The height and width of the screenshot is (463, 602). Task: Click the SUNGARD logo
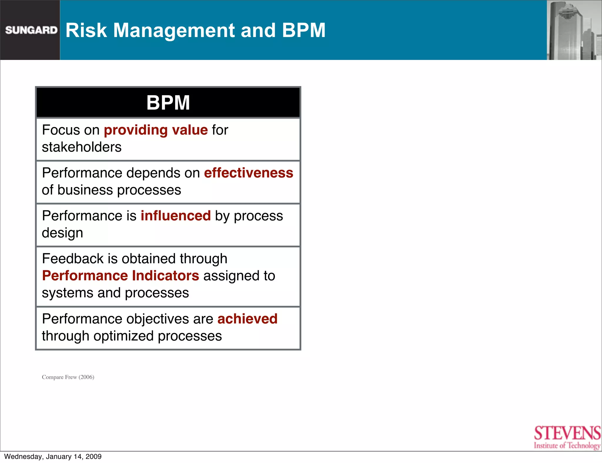(31, 30)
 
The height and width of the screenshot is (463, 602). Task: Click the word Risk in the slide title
(86, 30)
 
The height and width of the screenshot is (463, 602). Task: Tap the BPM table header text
(168, 103)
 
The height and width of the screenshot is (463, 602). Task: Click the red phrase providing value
(156, 130)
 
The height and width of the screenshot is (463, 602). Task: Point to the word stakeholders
(81, 147)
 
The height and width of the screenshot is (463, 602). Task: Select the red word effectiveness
(248, 173)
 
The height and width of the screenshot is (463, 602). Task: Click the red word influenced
(175, 216)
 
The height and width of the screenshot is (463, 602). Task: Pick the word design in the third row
(62, 233)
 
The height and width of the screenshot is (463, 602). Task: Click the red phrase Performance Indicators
(121, 276)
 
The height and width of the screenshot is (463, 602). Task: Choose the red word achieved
(247, 319)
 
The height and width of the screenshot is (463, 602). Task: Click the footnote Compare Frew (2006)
(68, 377)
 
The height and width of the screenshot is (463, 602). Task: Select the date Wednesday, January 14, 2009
(53, 457)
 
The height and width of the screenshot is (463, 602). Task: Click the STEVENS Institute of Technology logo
(567, 437)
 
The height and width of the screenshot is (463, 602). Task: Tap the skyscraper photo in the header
(574, 30)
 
